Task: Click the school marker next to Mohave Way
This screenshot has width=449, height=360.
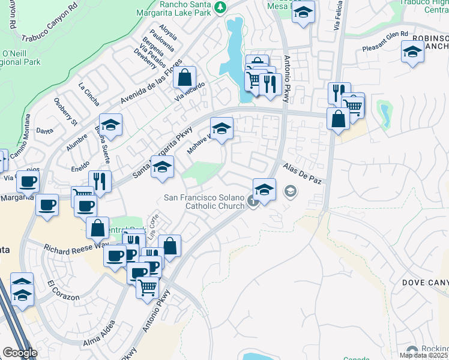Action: (221, 128)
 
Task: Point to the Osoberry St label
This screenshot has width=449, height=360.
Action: (65, 111)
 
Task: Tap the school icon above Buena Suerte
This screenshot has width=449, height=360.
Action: (110, 125)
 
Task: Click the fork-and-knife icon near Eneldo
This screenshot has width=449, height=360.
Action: (100, 181)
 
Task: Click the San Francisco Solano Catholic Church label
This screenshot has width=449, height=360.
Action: (204, 202)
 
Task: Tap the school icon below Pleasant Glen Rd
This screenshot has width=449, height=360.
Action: (412, 53)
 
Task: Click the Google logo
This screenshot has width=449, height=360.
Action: (20, 353)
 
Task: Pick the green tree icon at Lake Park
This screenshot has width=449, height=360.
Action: (221, 7)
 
